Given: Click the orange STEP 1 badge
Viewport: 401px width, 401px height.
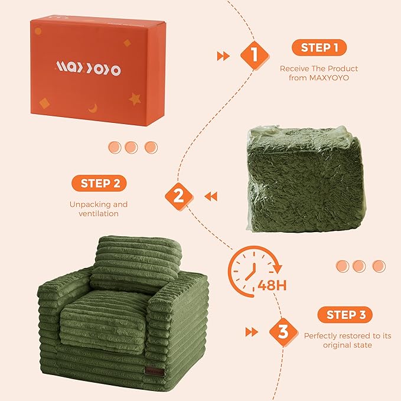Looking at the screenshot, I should click(319, 48).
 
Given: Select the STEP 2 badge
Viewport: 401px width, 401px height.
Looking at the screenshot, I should click(99, 184).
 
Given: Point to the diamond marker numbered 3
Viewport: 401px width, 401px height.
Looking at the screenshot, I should click(283, 332).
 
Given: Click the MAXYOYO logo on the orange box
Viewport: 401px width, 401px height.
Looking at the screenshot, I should click(88, 70).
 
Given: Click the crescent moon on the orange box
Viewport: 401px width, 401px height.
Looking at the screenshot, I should click(93, 107).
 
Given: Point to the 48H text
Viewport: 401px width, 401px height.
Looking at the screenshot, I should click(272, 286).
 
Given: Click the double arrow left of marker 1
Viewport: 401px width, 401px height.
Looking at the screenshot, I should click(223, 56).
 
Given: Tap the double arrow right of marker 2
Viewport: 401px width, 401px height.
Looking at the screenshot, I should click(210, 195).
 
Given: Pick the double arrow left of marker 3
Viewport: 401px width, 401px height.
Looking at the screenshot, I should click(252, 332).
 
